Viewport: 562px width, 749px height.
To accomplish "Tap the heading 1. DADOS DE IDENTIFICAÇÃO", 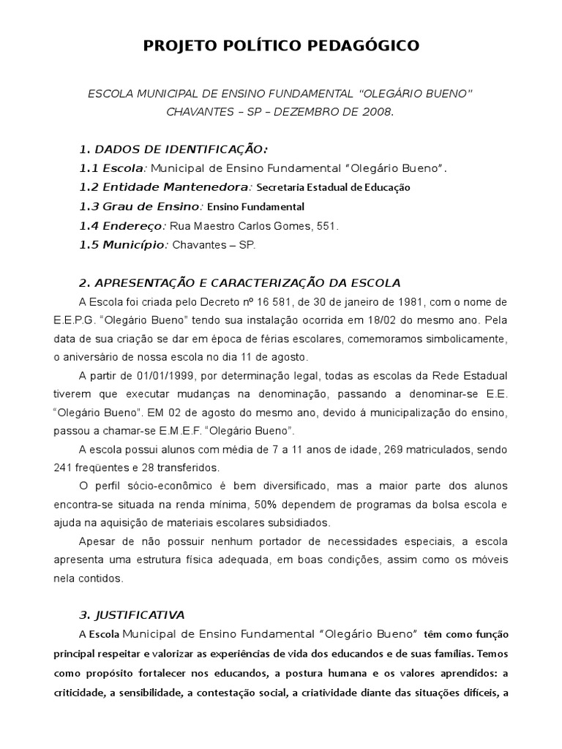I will (173, 149).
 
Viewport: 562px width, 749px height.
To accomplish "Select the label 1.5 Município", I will (123, 245).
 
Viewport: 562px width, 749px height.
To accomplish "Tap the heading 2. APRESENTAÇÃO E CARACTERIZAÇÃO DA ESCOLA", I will (239, 283).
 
